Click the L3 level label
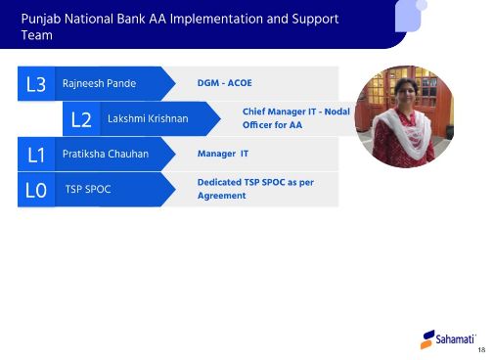[x=36, y=84]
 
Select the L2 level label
[x=82, y=119]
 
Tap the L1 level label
[x=36, y=155]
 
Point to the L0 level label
[x=36, y=190]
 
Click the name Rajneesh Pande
[x=99, y=84]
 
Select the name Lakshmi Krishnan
[x=147, y=119]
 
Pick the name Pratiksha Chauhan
[x=105, y=155]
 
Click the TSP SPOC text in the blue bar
[x=87, y=189]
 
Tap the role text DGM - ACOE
[x=224, y=84]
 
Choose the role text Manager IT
[x=223, y=155]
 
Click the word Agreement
[x=221, y=197]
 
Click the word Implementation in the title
[x=216, y=18]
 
